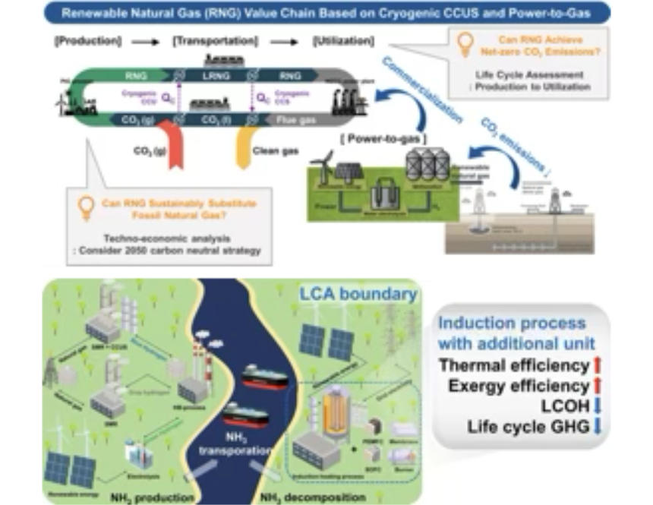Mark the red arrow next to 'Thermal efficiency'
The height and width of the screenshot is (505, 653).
[x=596, y=366]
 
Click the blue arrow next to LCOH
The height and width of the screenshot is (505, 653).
[x=596, y=406]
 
